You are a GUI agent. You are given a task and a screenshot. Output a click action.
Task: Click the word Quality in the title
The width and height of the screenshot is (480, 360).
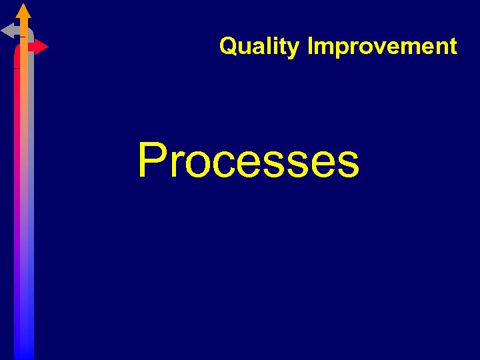click(259, 47)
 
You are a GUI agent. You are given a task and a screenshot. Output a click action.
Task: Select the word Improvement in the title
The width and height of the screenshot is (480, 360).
click(382, 47)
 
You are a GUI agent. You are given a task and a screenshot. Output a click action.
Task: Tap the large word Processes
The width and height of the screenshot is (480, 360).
click(248, 161)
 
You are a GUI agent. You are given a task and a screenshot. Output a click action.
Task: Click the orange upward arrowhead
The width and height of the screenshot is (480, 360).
click(23, 11)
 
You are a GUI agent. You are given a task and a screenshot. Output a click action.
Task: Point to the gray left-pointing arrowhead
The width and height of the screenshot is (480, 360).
click(9, 30)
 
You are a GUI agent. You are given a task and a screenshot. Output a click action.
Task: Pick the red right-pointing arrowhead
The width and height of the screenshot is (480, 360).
click(41, 47)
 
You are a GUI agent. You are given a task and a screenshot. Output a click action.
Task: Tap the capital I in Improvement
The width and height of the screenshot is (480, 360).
click(310, 47)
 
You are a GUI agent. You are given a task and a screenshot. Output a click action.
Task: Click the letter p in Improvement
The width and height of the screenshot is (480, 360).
click(337, 49)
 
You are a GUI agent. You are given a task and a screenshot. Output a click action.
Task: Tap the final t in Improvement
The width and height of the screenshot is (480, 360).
click(453, 47)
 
